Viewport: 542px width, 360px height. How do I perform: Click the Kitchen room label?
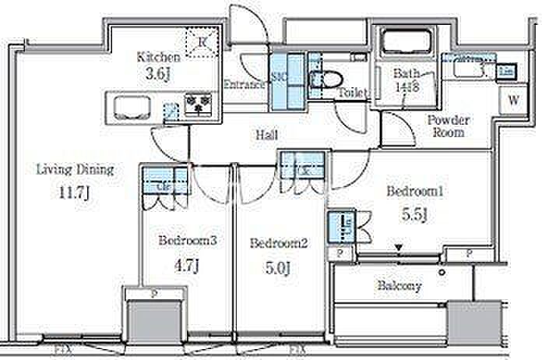coord(159,57)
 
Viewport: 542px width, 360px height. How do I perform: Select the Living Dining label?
coord(76,168)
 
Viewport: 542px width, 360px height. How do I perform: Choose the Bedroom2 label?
coord(279,243)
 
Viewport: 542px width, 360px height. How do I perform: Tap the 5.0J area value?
coord(277,269)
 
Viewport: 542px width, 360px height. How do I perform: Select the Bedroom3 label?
coord(187,241)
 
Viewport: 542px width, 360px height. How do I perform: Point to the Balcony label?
coord(399,285)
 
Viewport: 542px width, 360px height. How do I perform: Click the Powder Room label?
coord(448,126)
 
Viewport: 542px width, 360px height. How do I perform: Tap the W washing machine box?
coord(512,99)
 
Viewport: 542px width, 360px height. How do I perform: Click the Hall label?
coord(267,135)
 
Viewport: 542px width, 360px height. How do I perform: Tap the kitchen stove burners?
coord(199,104)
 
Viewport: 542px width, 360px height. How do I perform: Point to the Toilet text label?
coord(352,93)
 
